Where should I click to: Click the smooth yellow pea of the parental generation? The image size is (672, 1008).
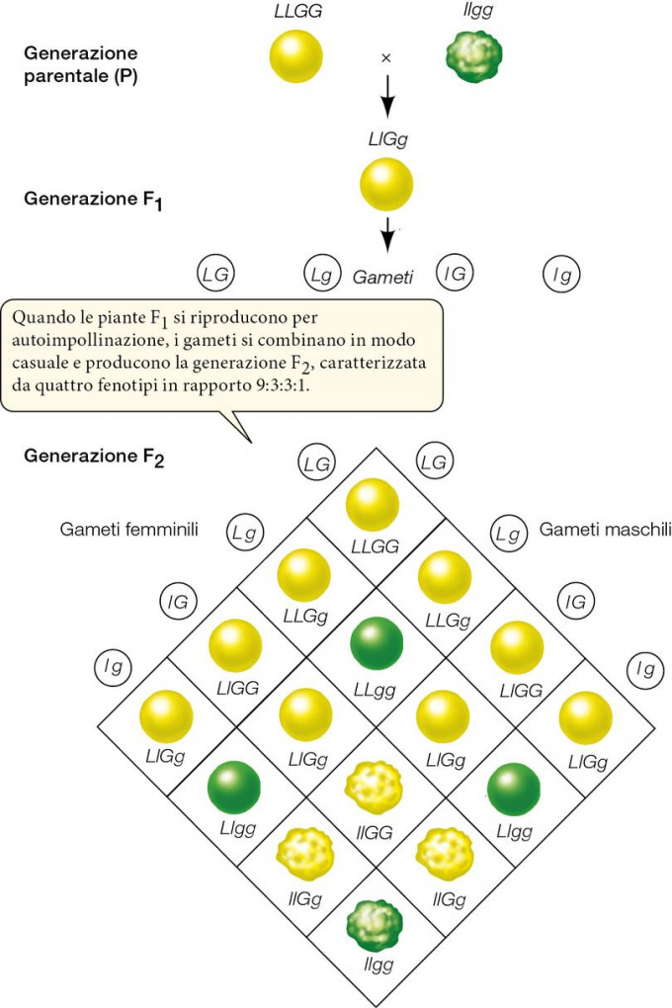pyautogui.click(x=295, y=55)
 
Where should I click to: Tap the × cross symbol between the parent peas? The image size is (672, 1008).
pyautogui.click(x=386, y=58)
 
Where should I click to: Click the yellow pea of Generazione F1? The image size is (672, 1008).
pyautogui.click(x=386, y=185)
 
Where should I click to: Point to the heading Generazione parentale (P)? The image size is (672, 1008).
pyautogui.click(x=81, y=64)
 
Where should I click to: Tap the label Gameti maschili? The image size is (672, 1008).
pyautogui.click(x=605, y=531)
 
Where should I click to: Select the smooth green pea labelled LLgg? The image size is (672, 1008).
pyautogui.click(x=377, y=642)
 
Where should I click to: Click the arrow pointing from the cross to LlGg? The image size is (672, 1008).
pyautogui.click(x=387, y=94)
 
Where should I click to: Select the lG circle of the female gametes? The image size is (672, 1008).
pyautogui.click(x=182, y=600)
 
